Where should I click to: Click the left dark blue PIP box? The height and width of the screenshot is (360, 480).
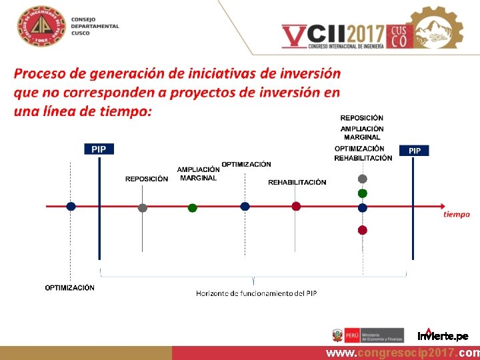click(x=99, y=149)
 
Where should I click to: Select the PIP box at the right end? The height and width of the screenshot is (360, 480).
click(x=414, y=151)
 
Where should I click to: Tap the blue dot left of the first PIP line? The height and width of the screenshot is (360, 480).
click(x=71, y=207)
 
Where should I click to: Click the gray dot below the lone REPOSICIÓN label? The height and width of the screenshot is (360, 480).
click(x=142, y=207)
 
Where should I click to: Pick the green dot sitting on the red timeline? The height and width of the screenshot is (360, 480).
click(x=192, y=208)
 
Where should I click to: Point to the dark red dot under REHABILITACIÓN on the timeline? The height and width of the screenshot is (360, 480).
click(x=296, y=207)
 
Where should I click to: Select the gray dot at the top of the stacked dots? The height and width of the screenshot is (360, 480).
click(x=362, y=179)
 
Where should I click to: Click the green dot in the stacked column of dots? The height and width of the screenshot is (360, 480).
click(x=362, y=193)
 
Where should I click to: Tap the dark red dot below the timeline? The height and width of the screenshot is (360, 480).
click(x=362, y=230)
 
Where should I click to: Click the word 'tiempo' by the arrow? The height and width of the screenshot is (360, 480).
click(x=457, y=215)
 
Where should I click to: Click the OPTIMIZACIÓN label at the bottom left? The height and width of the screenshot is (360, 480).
click(x=70, y=288)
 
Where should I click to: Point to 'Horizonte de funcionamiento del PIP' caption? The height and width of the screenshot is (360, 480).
click(x=256, y=293)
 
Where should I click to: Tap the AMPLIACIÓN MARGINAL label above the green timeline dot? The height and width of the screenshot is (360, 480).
click(x=198, y=174)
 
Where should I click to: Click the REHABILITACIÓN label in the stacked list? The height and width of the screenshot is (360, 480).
click(x=363, y=158)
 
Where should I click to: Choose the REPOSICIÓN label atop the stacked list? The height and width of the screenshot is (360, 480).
click(x=362, y=118)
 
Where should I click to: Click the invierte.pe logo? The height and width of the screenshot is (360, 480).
click(x=443, y=335)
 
